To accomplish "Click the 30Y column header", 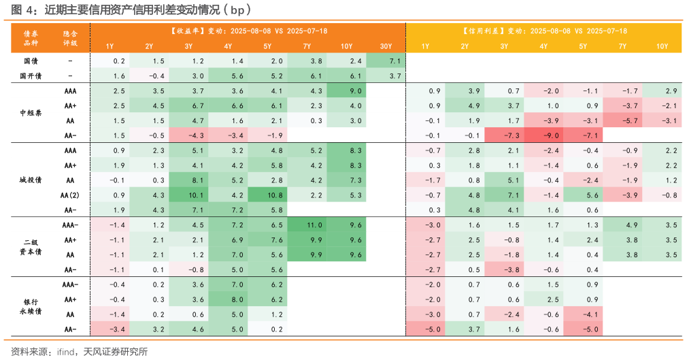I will pos(386,46).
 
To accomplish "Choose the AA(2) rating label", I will pos(70,195).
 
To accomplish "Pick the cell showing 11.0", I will pos(307,225).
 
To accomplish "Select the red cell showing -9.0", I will pos(543,135).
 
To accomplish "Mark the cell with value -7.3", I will pos(504,135).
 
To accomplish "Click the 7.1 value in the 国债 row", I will pos(386,61).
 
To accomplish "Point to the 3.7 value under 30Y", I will pos(386,76).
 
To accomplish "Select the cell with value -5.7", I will pos(622,120).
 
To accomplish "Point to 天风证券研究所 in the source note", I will pos(115,351).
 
